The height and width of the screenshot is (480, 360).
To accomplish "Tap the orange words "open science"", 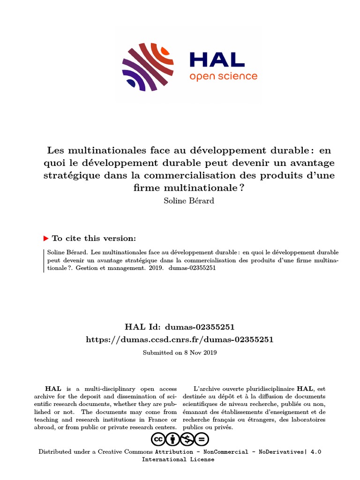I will [x=223, y=76].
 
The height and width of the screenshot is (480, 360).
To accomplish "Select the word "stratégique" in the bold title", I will [x=75, y=176].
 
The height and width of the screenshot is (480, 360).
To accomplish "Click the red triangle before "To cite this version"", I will [x=46, y=238].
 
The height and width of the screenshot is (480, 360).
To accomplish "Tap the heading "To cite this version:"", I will [x=94, y=238].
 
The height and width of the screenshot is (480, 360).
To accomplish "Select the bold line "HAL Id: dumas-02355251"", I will [x=180, y=327].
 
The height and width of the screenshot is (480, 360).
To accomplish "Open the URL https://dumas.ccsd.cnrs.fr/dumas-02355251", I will [x=180, y=339].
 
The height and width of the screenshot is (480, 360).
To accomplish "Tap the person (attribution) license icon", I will [x=172, y=439].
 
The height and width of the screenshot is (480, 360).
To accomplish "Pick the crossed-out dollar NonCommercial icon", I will [x=187, y=439].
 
